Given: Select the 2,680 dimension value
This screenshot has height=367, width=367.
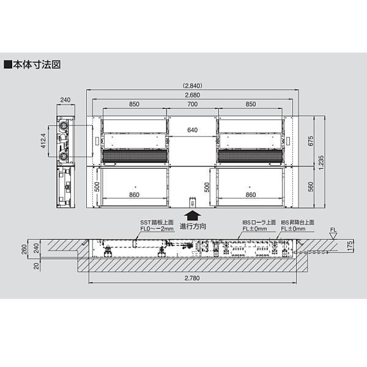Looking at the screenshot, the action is click(x=193, y=95).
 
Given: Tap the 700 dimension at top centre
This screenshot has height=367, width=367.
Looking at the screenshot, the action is click(x=193, y=104).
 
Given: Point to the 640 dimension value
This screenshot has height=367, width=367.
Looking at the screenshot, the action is click(x=193, y=130).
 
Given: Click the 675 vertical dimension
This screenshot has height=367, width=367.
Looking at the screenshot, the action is click(x=310, y=141).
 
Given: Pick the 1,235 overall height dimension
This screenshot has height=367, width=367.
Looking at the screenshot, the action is click(x=321, y=163).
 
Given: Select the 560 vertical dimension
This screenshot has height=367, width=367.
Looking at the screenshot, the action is click(x=310, y=187).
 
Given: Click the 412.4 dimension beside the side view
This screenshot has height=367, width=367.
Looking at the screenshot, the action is click(x=43, y=141).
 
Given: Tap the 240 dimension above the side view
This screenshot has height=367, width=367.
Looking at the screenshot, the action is click(x=65, y=100).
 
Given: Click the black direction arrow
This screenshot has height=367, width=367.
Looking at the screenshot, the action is click(x=193, y=215).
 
